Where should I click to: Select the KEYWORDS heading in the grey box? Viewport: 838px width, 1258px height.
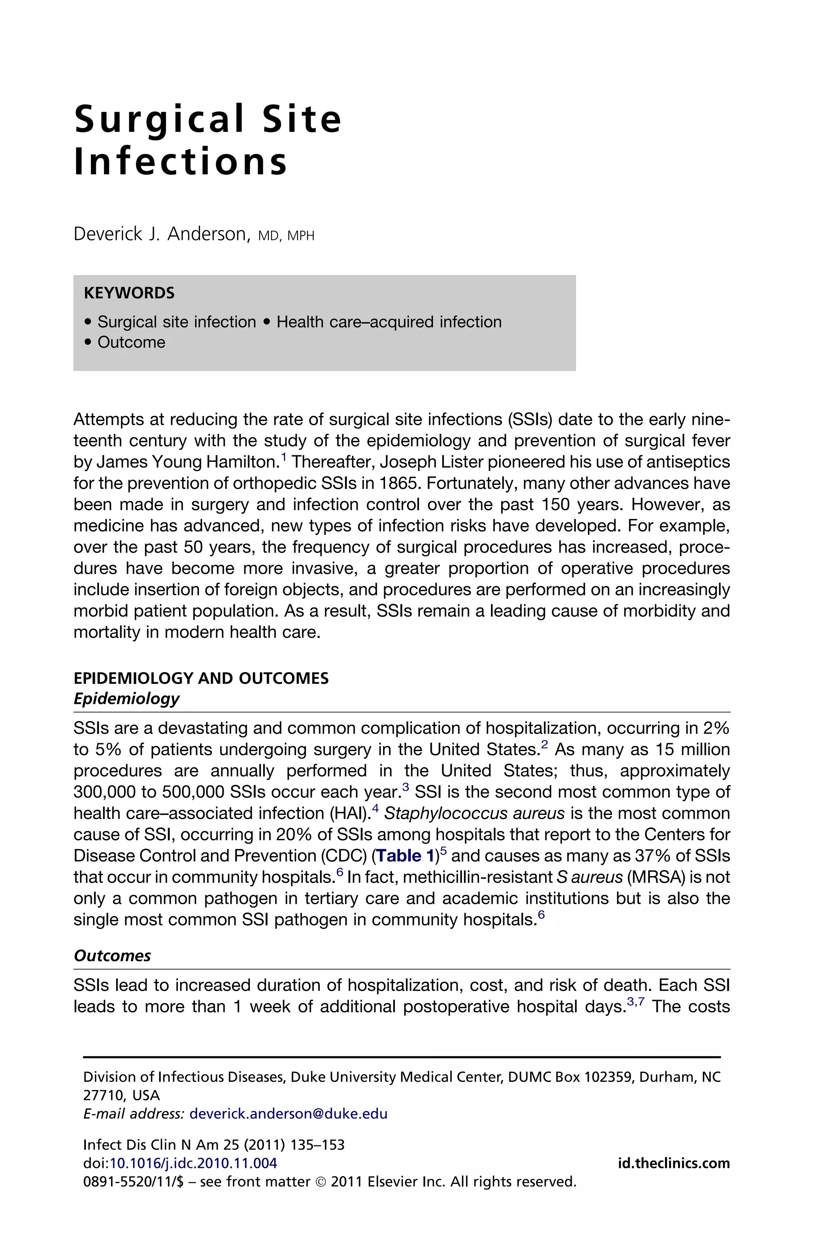(x=129, y=293)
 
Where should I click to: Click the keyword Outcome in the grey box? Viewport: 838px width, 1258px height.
(x=131, y=342)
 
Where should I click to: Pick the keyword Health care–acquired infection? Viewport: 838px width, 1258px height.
(x=389, y=322)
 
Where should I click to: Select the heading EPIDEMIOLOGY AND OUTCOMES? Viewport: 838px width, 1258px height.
(x=201, y=678)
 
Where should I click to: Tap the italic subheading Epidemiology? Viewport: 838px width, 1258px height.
(x=127, y=699)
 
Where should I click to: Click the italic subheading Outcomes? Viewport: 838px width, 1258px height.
(x=112, y=956)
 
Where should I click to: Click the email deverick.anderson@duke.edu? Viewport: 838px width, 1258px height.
(x=288, y=1113)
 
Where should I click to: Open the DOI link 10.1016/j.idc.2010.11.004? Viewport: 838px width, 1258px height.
(x=194, y=1163)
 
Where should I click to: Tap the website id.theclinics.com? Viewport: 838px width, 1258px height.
(x=674, y=1163)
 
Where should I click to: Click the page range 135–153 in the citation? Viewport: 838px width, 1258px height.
(x=317, y=1145)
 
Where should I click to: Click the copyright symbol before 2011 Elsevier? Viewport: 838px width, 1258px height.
(x=321, y=1181)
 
